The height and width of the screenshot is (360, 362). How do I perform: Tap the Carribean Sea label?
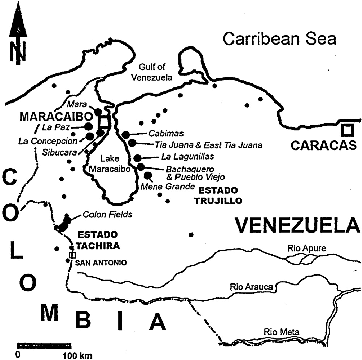[280, 39]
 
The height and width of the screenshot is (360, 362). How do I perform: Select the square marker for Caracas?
[346, 129]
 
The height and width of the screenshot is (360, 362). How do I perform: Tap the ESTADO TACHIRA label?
[97, 239]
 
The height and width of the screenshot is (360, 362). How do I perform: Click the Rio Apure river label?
[306, 248]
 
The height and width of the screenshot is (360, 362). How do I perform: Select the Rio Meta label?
[282, 332]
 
